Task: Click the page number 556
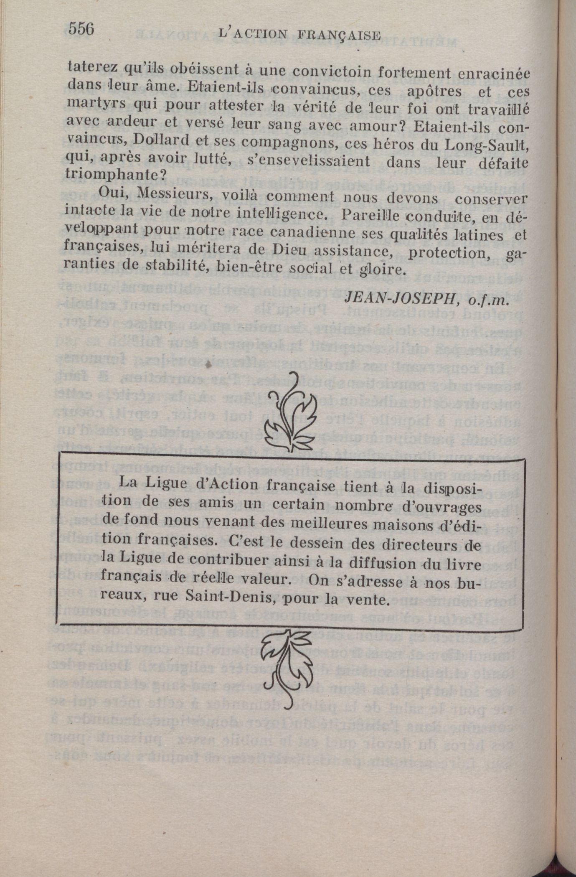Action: click(x=81, y=29)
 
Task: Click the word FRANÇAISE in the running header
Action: click(x=340, y=36)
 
